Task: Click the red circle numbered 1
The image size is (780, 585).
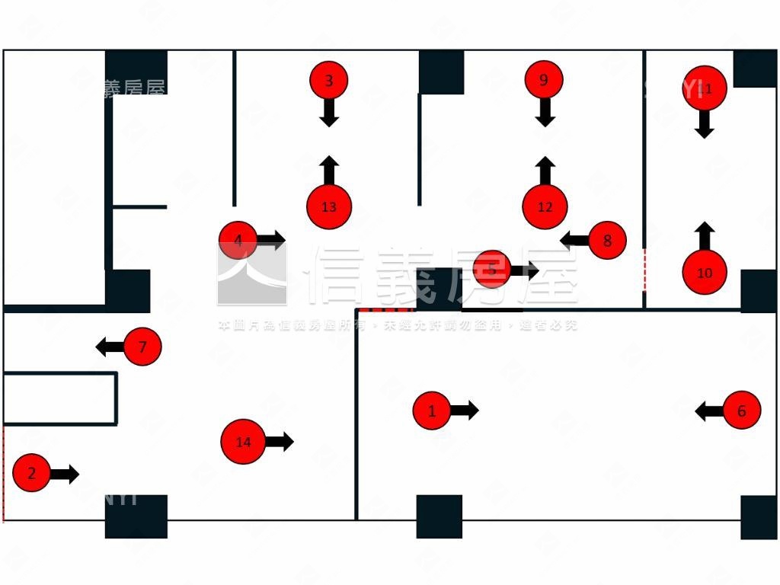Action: point(432,411)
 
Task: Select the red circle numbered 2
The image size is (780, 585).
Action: point(31,473)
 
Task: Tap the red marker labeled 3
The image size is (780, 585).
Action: point(329,80)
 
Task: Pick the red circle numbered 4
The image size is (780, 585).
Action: point(238,240)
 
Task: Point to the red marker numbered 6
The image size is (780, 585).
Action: point(742,411)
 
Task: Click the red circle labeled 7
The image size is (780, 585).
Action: point(142,347)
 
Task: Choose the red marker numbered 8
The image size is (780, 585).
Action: point(607,240)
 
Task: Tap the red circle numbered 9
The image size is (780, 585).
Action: point(543,80)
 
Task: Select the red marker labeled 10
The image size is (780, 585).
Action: point(705,272)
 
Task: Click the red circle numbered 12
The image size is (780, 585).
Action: point(545,206)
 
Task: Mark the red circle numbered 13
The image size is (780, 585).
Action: point(329,206)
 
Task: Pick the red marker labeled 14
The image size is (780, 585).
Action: point(243,442)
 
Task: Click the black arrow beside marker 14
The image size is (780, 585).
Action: point(280,441)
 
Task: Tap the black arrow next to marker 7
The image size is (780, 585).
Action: point(110,347)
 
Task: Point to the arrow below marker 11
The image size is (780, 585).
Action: point(705,124)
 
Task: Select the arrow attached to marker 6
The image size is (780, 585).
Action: point(709,411)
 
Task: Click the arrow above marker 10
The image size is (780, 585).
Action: point(705,236)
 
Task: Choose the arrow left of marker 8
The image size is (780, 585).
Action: point(574,240)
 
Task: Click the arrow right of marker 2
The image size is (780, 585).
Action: point(65,474)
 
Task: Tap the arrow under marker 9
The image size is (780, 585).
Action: point(545,113)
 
